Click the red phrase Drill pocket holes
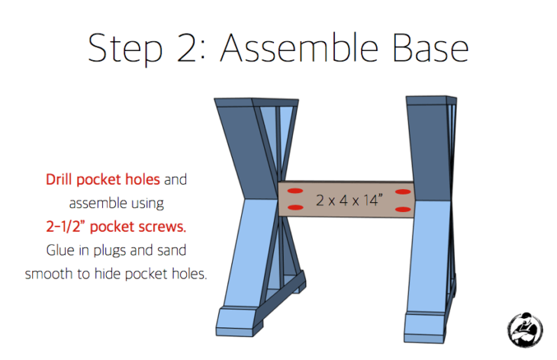103,180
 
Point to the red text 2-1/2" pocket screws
115,227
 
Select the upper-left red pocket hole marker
294,190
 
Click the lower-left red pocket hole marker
293,208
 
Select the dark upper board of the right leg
428,145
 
